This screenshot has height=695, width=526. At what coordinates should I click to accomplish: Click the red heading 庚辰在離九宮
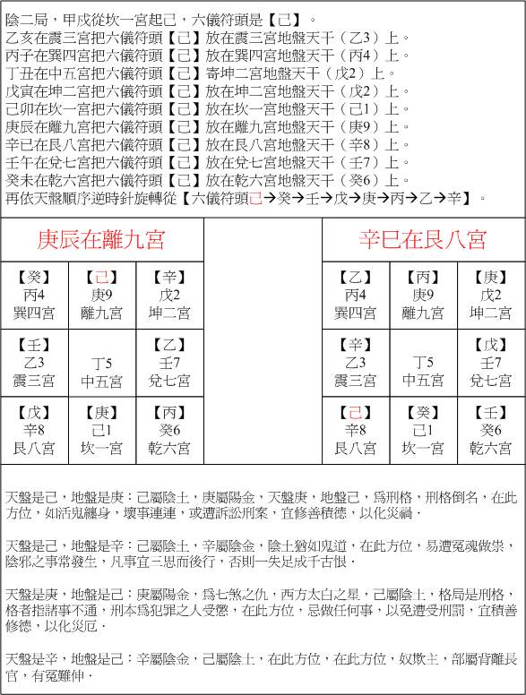(102, 239)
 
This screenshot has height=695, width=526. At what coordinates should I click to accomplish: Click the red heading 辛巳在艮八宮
(423, 239)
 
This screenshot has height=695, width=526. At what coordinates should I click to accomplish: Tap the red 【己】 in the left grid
(102, 277)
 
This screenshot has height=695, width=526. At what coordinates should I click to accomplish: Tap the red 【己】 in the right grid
(356, 414)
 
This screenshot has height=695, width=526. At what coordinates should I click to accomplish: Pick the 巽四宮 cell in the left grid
(35, 295)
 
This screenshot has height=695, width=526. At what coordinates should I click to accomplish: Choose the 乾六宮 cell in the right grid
(491, 430)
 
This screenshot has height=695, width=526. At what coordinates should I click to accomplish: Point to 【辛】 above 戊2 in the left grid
(169, 277)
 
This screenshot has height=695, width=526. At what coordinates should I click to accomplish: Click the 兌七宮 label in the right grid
(491, 381)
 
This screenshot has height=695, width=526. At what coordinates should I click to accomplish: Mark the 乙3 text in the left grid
(35, 363)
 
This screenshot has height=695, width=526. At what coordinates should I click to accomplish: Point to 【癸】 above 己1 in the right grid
(423, 414)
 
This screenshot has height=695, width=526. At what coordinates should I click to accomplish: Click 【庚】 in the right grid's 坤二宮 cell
(491, 277)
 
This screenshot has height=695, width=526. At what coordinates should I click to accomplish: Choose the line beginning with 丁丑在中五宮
(188, 73)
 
